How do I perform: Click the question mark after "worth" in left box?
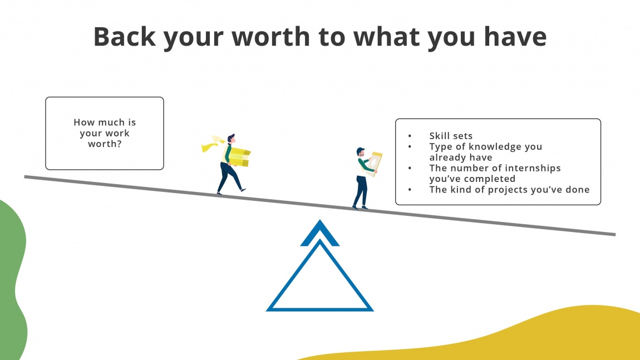(120, 144)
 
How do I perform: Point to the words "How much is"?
(105, 122)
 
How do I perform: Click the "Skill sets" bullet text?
(451, 136)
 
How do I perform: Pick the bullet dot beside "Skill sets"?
(410, 136)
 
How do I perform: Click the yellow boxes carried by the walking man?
(240, 156)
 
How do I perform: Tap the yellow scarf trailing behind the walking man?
(212, 145)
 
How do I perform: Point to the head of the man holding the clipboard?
(361, 152)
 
